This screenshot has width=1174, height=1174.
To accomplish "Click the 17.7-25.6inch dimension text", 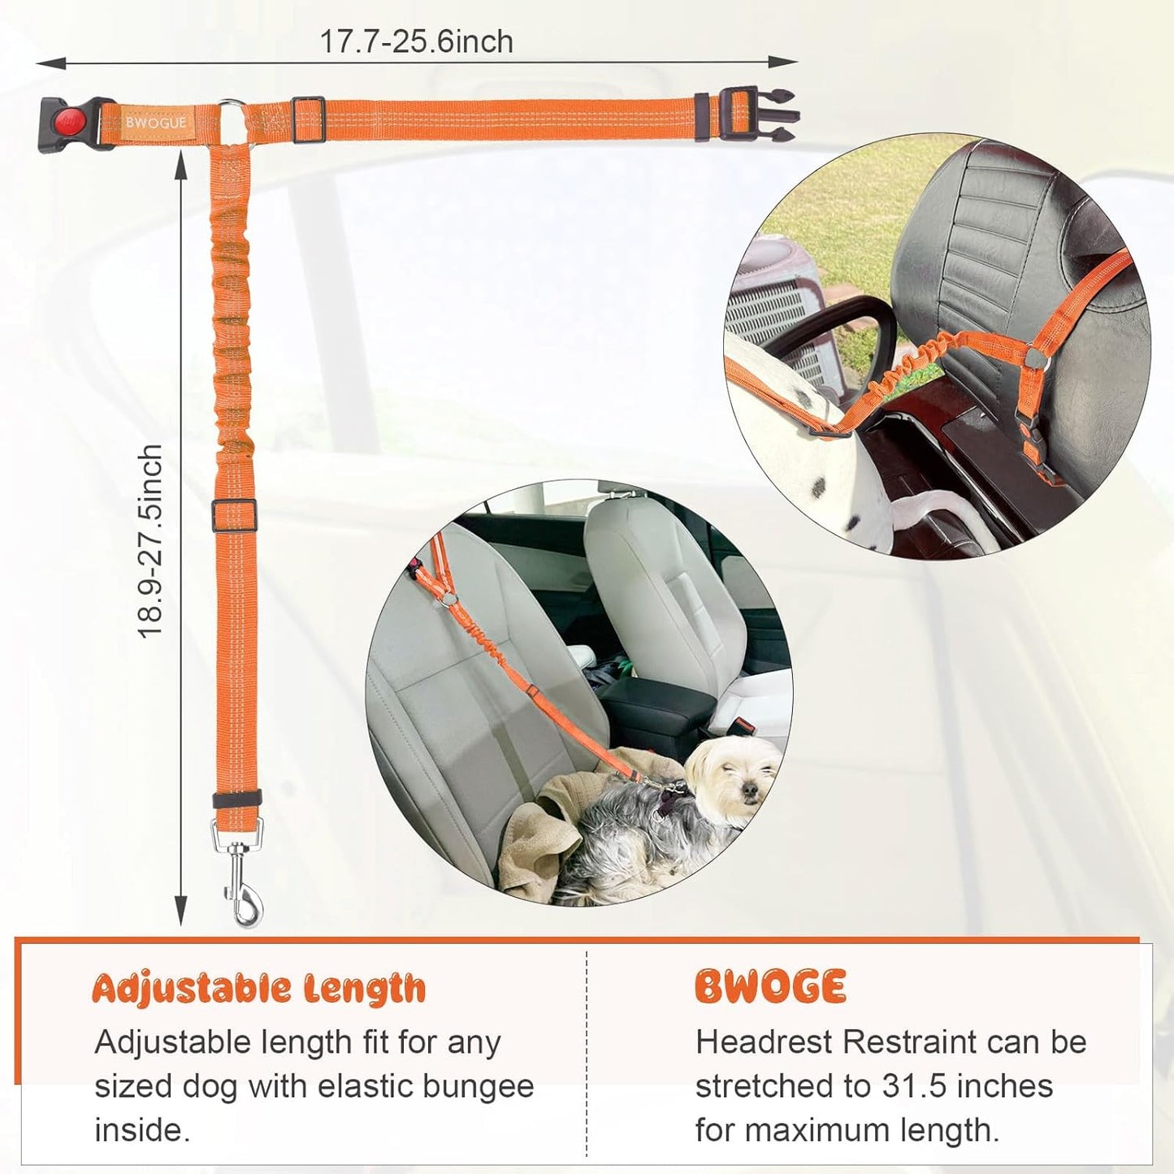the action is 416,42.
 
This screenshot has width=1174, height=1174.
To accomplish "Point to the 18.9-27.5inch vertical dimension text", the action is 150,542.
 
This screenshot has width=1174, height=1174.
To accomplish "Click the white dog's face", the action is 737,776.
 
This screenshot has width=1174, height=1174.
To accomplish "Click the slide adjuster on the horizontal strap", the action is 308,119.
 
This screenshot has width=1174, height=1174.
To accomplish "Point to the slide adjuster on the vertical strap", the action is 234,515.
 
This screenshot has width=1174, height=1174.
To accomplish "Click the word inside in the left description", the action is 142,1130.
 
